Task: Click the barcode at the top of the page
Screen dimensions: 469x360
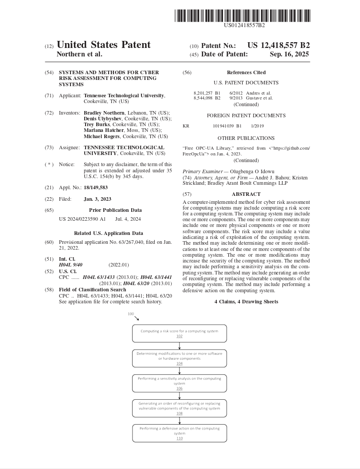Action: coord(242,16)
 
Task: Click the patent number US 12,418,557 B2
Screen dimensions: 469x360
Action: coord(278,45)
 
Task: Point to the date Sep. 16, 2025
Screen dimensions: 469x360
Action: coord(289,54)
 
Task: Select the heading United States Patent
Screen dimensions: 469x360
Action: coord(104,45)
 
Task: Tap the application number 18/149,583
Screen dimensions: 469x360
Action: coord(96,187)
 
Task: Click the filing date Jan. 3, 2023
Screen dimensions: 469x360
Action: coord(98,199)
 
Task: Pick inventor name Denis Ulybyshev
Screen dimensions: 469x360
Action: coord(102,119)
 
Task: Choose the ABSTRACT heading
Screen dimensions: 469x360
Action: coord(246,194)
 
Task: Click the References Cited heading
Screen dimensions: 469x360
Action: coord(246,72)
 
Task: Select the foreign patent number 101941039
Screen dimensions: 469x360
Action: coord(224,126)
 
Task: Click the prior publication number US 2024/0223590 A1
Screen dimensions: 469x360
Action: coord(82,219)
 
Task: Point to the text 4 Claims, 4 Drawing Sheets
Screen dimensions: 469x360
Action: coord(246,302)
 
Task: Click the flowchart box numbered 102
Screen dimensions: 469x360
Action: coord(179,333)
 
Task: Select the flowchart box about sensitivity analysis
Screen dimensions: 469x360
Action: coord(179,383)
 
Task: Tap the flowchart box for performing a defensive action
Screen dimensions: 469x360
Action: coord(179,433)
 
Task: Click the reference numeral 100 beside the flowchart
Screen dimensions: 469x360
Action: coord(131,314)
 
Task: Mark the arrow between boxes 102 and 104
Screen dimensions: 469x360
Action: coord(179,346)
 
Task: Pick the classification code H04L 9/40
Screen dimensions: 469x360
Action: coord(71,265)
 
